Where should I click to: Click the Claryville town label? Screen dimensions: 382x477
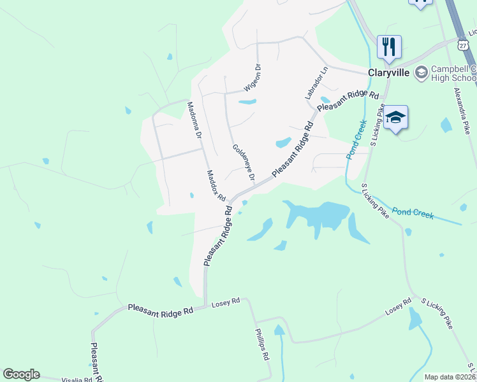388,73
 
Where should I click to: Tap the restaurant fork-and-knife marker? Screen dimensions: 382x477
388,46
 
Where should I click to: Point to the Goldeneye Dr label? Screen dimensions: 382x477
244,162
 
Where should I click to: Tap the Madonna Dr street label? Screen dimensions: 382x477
194,120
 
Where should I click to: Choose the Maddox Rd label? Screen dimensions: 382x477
217,185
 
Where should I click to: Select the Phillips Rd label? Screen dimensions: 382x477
262,344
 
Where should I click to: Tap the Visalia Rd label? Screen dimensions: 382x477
77,380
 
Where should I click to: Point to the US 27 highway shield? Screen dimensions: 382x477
462,43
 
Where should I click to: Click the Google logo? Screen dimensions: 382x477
21,374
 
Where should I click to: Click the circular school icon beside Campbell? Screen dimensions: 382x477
421,73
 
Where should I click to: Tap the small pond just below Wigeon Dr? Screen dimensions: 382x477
246,102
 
